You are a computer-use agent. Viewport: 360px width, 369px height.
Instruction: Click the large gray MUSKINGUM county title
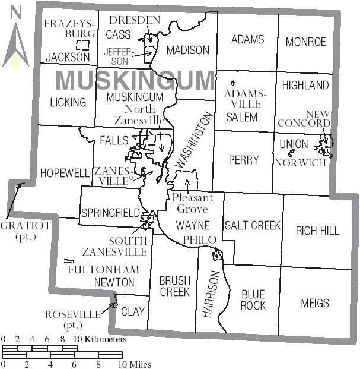coord(136,79)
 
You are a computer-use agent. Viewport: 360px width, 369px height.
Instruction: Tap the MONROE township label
coord(306,42)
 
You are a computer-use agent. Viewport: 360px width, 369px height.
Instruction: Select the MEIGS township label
coord(314,303)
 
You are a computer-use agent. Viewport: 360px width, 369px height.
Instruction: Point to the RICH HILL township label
coord(317,231)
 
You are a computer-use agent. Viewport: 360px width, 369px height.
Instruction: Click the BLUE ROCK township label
coord(253,299)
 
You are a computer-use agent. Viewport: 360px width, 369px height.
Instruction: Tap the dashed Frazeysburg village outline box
coord(85,45)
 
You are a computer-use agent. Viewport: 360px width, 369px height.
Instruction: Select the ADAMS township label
coord(247,40)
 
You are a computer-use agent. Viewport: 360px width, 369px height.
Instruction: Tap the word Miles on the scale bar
coord(139,364)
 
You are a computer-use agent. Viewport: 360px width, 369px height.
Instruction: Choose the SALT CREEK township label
coord(252,225)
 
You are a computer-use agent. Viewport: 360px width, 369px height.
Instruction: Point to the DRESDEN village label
coord(135,21)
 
